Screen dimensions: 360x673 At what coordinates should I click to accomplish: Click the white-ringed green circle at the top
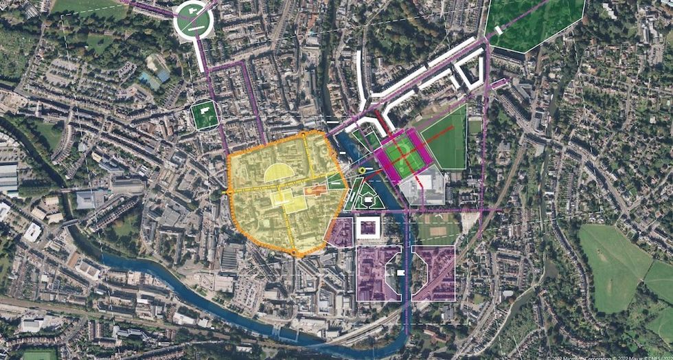click(193, 20)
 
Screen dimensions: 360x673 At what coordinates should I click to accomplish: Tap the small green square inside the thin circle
click(204, 115)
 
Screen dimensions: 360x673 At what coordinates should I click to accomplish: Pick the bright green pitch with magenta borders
click(404, 156)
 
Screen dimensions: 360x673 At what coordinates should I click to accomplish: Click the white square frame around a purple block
click(368, 228)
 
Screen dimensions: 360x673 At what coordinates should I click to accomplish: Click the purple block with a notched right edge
click(376, 273)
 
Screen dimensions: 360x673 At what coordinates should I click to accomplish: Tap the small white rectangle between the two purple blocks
click(400, 273)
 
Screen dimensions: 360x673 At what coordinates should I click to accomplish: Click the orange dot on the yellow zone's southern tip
click(295, 254)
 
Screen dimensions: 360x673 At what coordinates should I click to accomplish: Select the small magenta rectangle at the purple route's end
click(501, 84)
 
